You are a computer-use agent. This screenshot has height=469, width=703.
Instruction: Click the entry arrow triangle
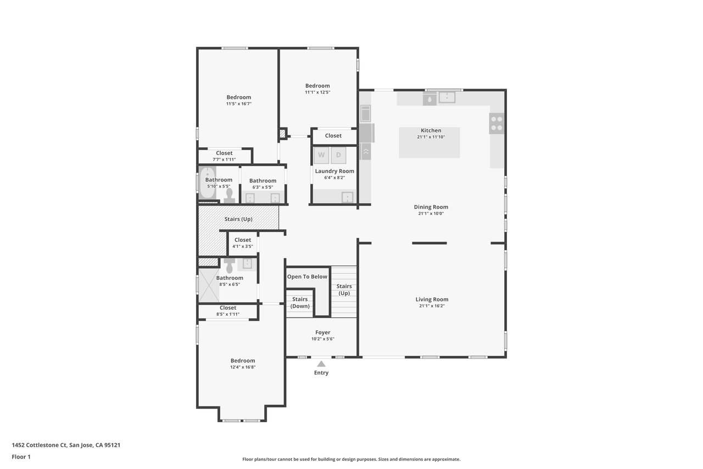321,364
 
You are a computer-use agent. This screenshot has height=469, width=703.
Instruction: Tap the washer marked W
321,155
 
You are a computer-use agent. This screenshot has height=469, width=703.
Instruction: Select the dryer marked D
338,155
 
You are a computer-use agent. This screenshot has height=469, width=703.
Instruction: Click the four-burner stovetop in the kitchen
496,124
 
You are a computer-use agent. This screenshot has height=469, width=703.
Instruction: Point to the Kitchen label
431,130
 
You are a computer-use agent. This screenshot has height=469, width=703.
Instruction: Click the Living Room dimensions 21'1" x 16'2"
432,306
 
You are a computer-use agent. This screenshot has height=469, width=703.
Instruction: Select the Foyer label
322,332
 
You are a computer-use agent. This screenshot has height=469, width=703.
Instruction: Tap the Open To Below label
307,277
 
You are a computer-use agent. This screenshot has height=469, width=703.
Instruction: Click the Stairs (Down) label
300,302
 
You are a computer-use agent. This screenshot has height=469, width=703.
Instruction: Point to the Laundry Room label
334,171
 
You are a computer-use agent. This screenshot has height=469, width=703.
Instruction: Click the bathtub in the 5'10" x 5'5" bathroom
207,183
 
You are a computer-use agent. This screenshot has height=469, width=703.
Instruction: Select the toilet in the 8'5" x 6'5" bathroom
230,266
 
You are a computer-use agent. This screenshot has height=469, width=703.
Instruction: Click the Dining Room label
431,207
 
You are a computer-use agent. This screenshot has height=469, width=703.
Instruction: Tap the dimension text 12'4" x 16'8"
243,367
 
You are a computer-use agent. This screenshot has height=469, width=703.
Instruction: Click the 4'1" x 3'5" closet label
243,243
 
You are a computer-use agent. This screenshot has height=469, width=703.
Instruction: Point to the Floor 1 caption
21,457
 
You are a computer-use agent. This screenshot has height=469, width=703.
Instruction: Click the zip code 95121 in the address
113,445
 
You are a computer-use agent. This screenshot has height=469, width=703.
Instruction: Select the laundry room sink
348,197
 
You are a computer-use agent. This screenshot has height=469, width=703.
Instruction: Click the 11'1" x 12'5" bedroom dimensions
317,92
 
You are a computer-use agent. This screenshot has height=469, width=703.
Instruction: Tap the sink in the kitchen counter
447,97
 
